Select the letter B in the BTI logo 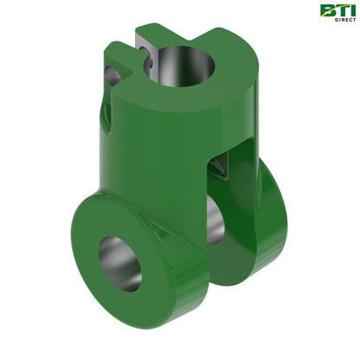(x=326, y=10)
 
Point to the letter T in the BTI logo (x=339, y=10)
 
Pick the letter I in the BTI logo (x=350, y=10)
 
